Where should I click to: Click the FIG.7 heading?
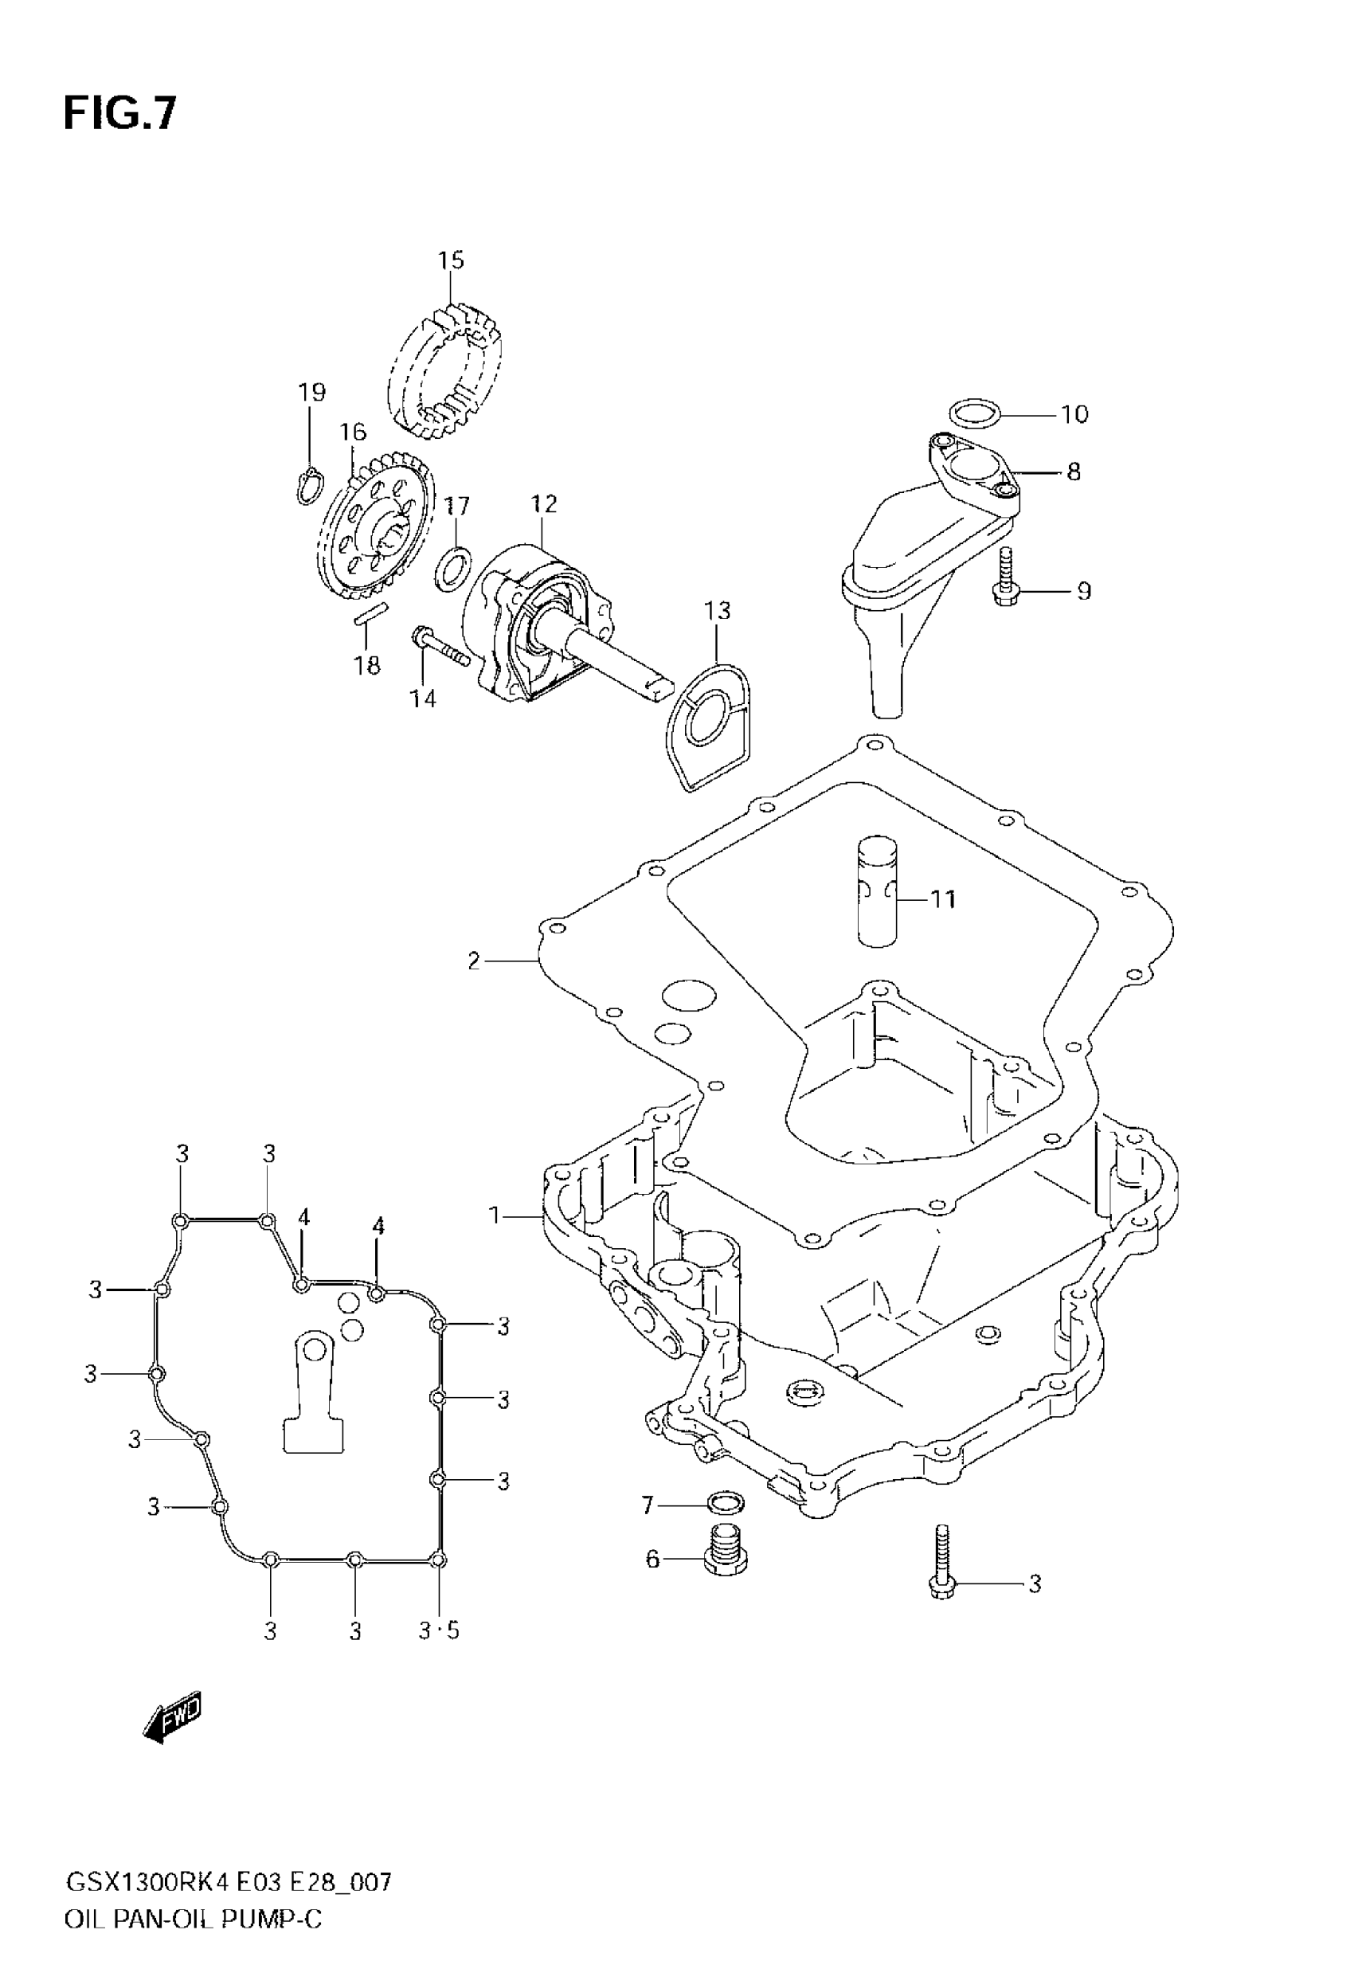(119, 113)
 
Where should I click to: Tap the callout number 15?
(451, 260)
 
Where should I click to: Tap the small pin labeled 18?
(370, 613)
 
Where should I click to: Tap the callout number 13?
(717, 611)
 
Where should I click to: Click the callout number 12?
(544, 504)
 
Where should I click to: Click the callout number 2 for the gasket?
(473, 961)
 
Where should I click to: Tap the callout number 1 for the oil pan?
(495, 1216)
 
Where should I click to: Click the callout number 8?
(1073, 472)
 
